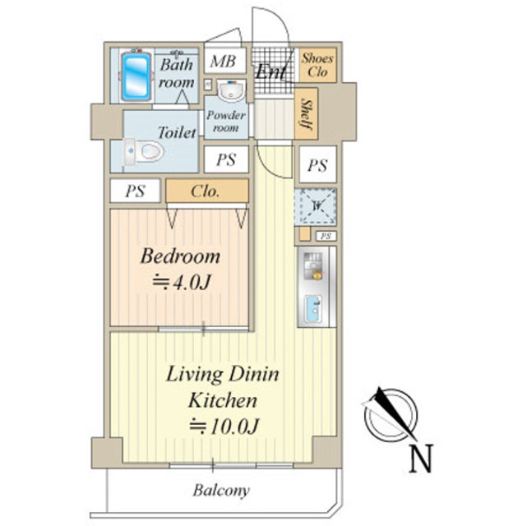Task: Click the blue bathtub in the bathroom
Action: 136,76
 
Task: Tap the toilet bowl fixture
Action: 144,151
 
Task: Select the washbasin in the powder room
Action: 231,90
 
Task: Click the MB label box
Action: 224,61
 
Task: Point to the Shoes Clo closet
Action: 317,65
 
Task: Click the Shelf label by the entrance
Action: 306,114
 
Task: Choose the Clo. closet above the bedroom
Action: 207,191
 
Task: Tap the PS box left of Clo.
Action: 135,191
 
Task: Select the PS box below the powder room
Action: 226,159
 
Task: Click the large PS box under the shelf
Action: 317,165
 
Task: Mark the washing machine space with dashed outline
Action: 316,207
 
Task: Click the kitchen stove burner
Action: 313,266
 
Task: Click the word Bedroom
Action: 180,256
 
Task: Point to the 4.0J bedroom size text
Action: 182,283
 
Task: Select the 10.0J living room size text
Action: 224,426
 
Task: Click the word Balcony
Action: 221,491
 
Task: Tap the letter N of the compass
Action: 420,458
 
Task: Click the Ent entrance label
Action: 270,72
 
